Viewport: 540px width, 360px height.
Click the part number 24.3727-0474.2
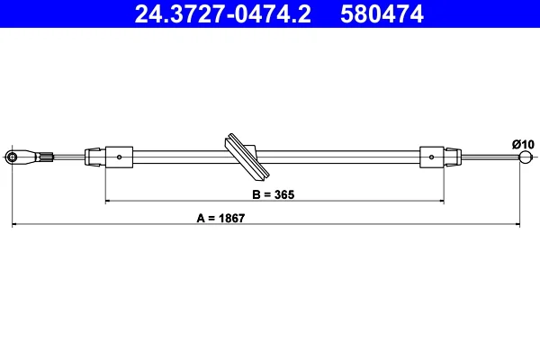tap(223, 13)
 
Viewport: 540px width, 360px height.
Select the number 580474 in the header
tap(382, 13)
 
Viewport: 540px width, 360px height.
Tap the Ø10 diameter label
tap(523, 144)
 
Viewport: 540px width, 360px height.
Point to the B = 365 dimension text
tap(274, 194)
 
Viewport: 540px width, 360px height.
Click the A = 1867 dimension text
tap(220, 218)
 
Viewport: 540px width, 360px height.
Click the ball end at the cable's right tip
tap(526, 157)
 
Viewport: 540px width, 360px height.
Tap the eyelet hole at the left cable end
tap(12, 157)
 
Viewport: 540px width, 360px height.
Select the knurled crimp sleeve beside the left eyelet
tap(47, 157)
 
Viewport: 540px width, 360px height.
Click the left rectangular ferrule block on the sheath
tap(119, 157)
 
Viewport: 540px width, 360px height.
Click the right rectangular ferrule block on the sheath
tap(431, 157)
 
